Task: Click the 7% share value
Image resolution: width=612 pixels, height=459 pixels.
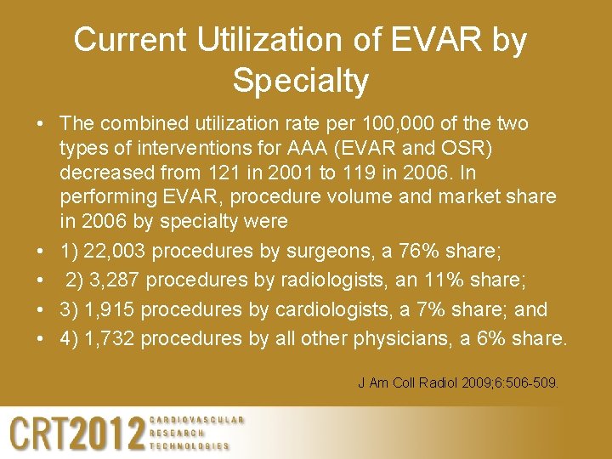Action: tap(434, 309)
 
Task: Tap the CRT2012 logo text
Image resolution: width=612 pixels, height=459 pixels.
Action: tap(76, 433)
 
